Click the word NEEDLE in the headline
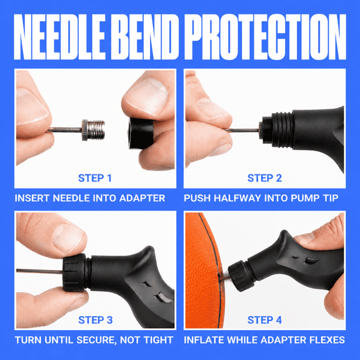coord(60,37)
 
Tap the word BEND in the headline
coord(145,37)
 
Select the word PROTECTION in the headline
coord(265,37)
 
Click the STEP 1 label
coord(95,178)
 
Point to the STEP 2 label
coord(264,178)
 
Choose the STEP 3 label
coord(96,320)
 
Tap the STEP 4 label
coord(264,320)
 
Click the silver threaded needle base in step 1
coord(93,130)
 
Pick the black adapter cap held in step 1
coord(141,133)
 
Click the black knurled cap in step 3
coord(74,272)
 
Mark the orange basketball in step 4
coord(203,271)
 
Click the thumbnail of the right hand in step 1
coord(148,96)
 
